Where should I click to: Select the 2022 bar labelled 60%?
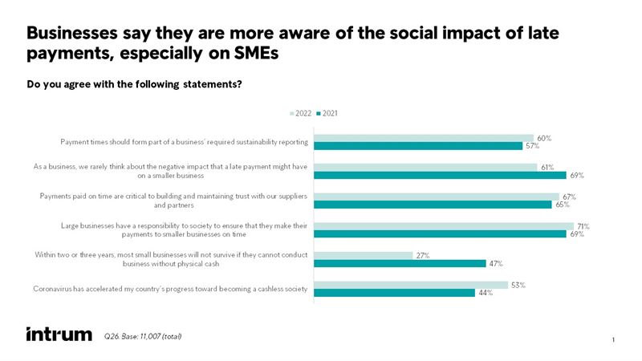tap(423, 139)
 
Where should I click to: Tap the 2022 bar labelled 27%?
tap(362, 255)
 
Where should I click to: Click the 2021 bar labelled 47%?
tap(399, 264)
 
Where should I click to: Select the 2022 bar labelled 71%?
tap(443, 226)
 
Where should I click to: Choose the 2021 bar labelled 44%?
tap(393, 293)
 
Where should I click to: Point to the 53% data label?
tap(518, 285)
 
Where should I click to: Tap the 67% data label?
tap(570, 197)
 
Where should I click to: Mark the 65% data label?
tap(563, 205)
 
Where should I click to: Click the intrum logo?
tap(59, 334)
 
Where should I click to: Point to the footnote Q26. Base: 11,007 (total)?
tap(143, 335)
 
